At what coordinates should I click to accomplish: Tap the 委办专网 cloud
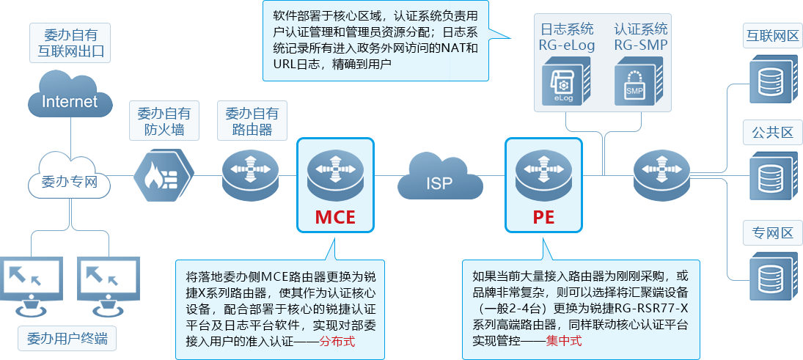70,179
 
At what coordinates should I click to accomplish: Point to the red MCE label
335,217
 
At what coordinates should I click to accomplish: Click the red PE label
543,217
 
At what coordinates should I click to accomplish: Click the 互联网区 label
771,35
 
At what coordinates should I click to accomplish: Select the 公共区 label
771,133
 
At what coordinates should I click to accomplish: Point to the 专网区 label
771,232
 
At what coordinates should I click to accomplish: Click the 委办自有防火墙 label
164,122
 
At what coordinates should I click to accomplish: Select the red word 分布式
340,342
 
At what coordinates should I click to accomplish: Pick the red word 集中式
564,342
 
